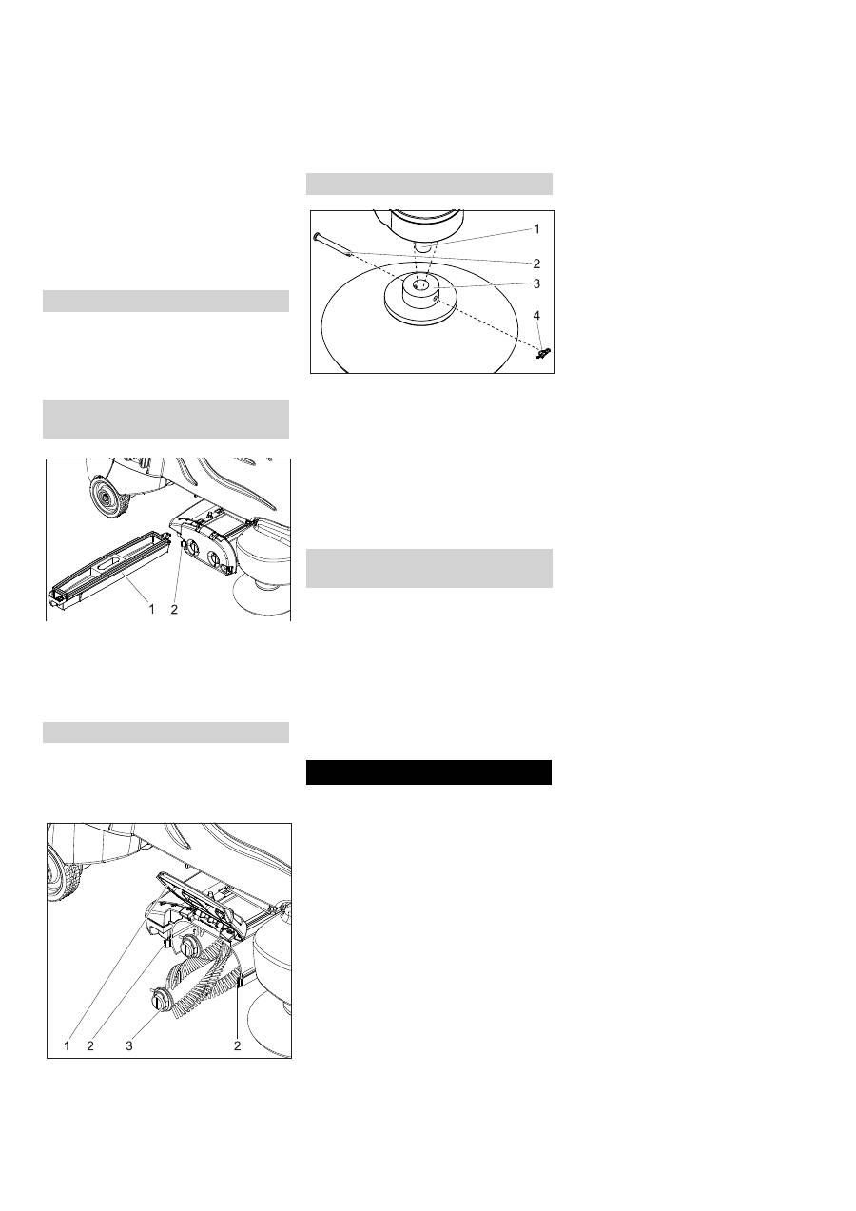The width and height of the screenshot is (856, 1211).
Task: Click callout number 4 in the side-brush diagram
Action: tap(536, 315)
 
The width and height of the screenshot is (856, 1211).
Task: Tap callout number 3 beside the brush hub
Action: tap(536, 283)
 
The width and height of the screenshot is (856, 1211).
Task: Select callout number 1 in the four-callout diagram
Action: tap(536, 229)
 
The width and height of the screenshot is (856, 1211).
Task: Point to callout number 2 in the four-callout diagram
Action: tap(536, 264)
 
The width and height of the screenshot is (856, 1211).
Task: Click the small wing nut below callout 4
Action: tap(542, 354)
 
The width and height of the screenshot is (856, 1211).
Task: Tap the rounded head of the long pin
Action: tap(316, 236)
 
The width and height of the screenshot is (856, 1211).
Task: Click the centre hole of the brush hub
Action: tap(421, 283)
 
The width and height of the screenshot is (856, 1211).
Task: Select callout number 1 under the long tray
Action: tap(152, 609)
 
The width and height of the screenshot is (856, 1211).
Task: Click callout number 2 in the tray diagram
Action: tap(174, 609)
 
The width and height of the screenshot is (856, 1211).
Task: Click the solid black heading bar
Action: tap(429, 772)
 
